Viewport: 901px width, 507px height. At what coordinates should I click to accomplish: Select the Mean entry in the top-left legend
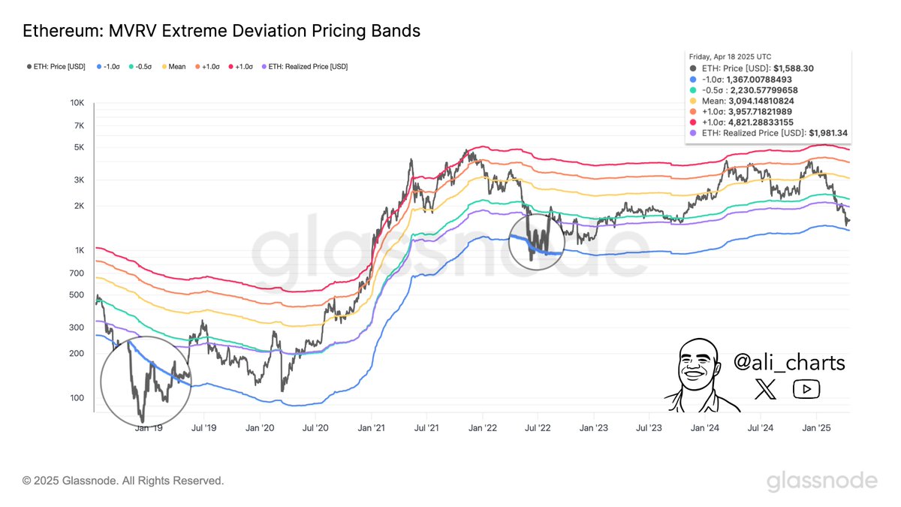click(176, 67)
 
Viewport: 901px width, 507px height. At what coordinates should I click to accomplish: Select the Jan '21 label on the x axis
click(371, 428)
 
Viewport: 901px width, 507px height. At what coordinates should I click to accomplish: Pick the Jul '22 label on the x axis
click(538, 428)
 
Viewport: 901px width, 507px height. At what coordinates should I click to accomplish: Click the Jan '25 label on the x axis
click(816, 428)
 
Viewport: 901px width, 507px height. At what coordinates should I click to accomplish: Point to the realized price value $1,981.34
click(828, 132)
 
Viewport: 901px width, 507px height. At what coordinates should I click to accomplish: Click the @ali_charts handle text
click(790, 364)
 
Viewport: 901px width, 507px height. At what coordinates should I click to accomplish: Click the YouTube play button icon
click(806, 388)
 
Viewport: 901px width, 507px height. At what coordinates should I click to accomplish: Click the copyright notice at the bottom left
click(123, 480)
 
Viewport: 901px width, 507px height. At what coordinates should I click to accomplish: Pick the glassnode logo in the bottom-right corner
click(821, 481)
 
